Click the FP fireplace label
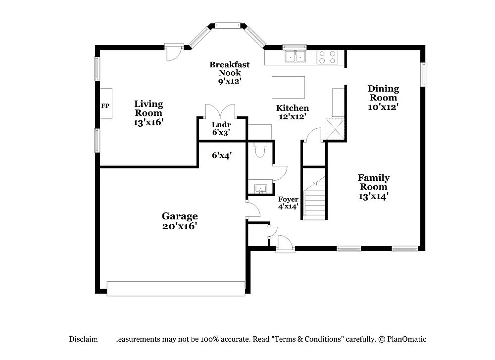point(105,106)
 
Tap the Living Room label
point(148,108)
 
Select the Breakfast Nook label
point(229,68)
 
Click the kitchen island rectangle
point(289,88)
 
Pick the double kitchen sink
point(296,56)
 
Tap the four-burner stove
point(327,57)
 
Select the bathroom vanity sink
point(260,188)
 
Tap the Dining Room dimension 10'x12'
point(383,106)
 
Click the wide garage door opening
point(176,288)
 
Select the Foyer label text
point(288,199)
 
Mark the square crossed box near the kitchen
point(334,130)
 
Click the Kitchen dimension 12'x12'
point(292,117)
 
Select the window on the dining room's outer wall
point(423,74)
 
